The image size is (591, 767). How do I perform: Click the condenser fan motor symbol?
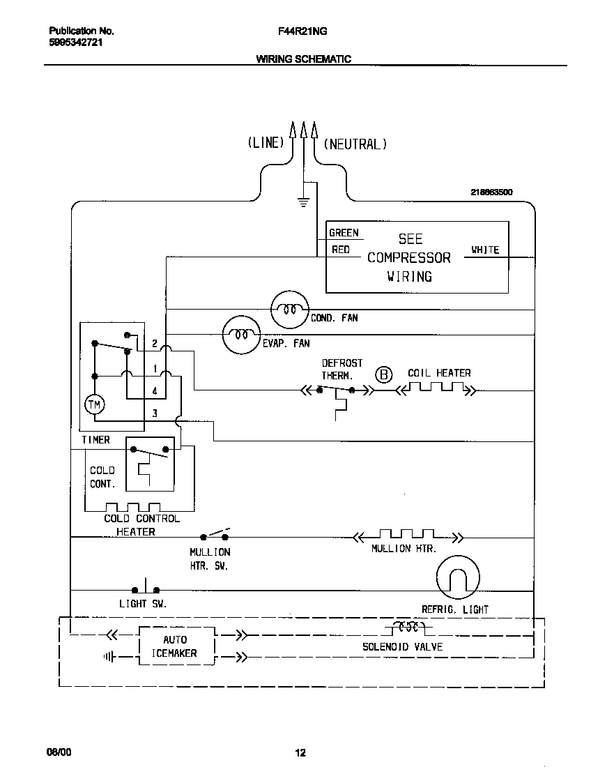(x=289, y=308)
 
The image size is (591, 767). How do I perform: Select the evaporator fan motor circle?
(x=241, y=335)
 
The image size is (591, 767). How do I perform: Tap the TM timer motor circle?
(x=93, y=404)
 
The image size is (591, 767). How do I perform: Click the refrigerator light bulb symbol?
(x=458, y=577)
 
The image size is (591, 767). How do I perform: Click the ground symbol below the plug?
(x=303, y=202)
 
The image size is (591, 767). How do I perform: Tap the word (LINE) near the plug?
(x=266, y=143)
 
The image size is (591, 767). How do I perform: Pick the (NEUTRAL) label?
(x=355, y=144)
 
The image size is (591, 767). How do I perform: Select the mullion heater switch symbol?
(x=215, y=535)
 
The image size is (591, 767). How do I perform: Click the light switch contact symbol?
(x=146, y=587)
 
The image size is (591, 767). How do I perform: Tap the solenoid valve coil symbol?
(x=407, y=625)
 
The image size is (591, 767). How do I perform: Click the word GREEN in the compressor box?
(x=344, y=233)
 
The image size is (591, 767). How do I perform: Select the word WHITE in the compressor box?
(x=485, y=250)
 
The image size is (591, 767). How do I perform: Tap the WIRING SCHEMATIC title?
(x=304, y=59)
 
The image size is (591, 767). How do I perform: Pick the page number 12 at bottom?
(x=300, y=752)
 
